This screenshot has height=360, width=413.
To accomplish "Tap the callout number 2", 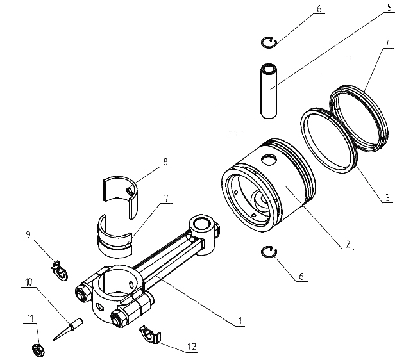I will tap(347, 244).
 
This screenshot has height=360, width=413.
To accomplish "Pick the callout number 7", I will tap(166, 199).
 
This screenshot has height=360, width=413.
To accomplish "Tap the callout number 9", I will tap(26, 235).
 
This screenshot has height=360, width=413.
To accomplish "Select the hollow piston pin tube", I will tap(270, 90).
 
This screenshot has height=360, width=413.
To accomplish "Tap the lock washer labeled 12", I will tap(149, 334).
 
